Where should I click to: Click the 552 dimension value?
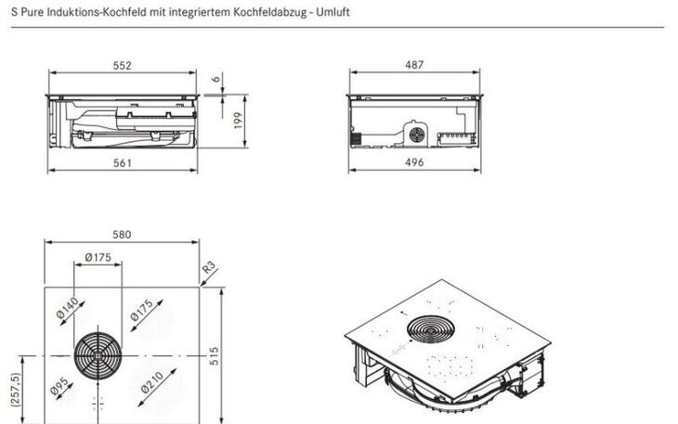[123, 65]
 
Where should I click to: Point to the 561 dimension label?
[123, 163]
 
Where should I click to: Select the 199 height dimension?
[239, 120]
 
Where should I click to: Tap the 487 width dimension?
[414, 65]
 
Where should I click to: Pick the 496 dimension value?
[414, 163]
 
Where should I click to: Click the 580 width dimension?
[123, 234]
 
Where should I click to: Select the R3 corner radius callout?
[208, 270]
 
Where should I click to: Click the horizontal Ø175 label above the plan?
[98, 257]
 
